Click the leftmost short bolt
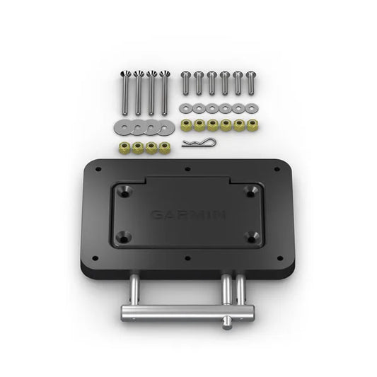coord(185,82)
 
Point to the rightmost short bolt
coord(249,82)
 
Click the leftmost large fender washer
coord(122,128)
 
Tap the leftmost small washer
coord(185,107)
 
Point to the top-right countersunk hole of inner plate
coord(251,190)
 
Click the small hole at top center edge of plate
coord(187,168)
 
